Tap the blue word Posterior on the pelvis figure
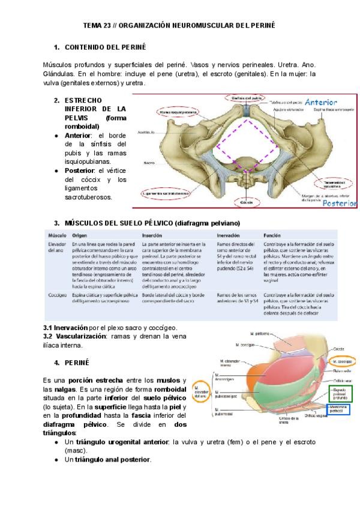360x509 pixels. click(x=339, y=203)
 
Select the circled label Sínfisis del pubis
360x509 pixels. click(x=244, y=97)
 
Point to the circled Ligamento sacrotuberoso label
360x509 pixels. click(x=165, y=194)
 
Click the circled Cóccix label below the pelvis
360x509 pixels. click(x=245, y=203)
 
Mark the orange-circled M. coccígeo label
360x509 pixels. click(x=340, y=362)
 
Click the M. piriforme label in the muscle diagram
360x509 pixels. click(x=262, y=333)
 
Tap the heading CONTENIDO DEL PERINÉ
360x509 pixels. click(x=105, y=47)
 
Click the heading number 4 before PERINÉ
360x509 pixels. click(x=56, y=363)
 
